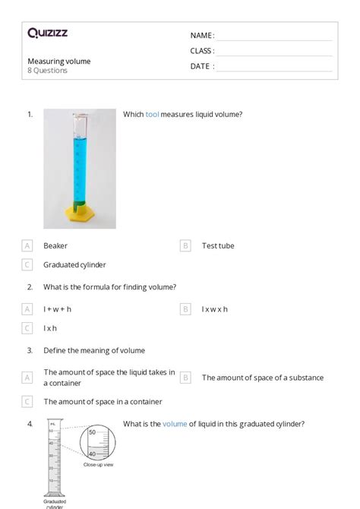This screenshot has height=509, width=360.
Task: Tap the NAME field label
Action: coord(202,36)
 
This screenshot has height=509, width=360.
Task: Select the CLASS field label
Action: coord(202,51)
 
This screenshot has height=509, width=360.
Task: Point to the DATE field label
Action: coord(201,66)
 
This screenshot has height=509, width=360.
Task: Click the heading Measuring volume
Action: coord(59,61)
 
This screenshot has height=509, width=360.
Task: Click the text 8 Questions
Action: coord(48,71)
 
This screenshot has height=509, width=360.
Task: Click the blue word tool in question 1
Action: coord(152,115)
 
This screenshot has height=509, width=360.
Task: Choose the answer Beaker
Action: coord(55,246)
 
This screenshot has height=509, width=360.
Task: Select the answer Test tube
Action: coord(218,246)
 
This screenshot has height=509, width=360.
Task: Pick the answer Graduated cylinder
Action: coord(74,265)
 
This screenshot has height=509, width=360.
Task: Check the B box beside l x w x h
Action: coord(185,309)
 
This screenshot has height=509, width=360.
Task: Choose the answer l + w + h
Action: coord(57,309)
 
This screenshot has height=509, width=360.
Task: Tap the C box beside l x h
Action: coord(27,328)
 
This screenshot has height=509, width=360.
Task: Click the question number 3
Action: coord(30,351)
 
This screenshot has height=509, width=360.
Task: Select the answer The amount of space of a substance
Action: coord(262,378)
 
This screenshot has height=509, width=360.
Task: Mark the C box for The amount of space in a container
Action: coord(27,402)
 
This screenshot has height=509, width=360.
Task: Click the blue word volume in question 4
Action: coord(175,424)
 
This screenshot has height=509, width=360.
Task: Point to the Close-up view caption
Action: coord(99,464)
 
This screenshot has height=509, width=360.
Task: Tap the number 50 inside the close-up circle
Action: coord(93,432)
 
